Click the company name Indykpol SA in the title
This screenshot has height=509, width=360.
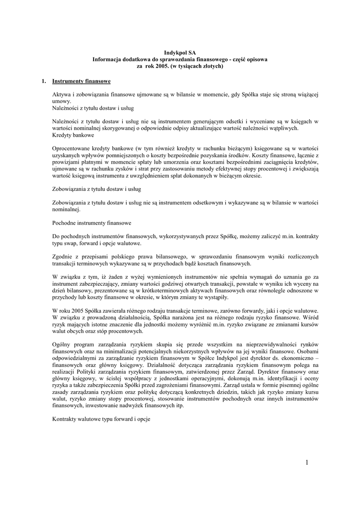tap(180, 52)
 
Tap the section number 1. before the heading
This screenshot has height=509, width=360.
tap(44, 81)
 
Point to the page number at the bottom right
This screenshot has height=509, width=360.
tap(307, 463)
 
